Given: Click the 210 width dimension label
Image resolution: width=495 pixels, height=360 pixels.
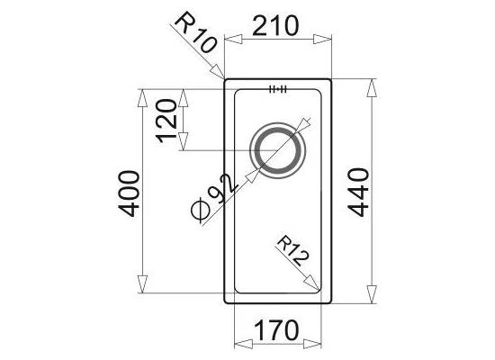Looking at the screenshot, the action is point(275,26).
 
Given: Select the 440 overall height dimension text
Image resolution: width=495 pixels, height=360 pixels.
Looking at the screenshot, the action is point(358,193).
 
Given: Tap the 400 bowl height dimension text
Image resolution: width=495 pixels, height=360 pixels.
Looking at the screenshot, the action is point(129,193).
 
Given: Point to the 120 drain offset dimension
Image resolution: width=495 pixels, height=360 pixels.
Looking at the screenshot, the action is point(166,121).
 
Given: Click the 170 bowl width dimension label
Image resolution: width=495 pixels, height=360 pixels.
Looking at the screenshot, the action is point(276,330).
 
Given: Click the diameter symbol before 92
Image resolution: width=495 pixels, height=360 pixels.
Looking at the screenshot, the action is point(201,210).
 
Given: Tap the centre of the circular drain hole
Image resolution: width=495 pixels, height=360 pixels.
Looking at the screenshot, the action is point(278,150).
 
